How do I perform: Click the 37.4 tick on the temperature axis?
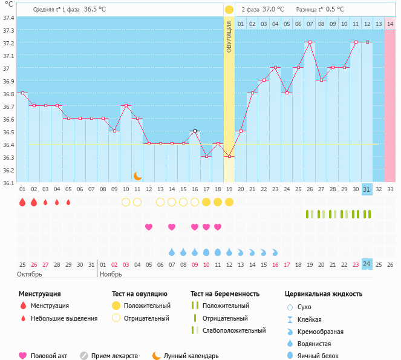tap(8, 18)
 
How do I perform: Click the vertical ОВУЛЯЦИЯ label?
tap(229, 36)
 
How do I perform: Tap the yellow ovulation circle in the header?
tap(229, 10)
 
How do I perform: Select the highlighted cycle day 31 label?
tap(367, 189)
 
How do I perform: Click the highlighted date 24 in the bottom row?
tap(367, 264)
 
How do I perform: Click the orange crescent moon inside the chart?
tap(138, 176)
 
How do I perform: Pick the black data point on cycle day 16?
tap(195, 131)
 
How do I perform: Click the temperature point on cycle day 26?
tap(310, 42)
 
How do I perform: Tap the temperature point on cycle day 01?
tap(22, 93)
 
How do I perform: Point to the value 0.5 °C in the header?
tap(335, 10)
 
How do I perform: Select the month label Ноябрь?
tap(111, 274)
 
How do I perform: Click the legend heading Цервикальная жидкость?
tap(324, 294)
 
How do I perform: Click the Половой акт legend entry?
tap(50, 356)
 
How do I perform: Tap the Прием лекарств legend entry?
tap(114, 356)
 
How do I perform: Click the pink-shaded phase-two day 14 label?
tap(390, 24)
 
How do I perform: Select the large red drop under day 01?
tap(22, 202)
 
